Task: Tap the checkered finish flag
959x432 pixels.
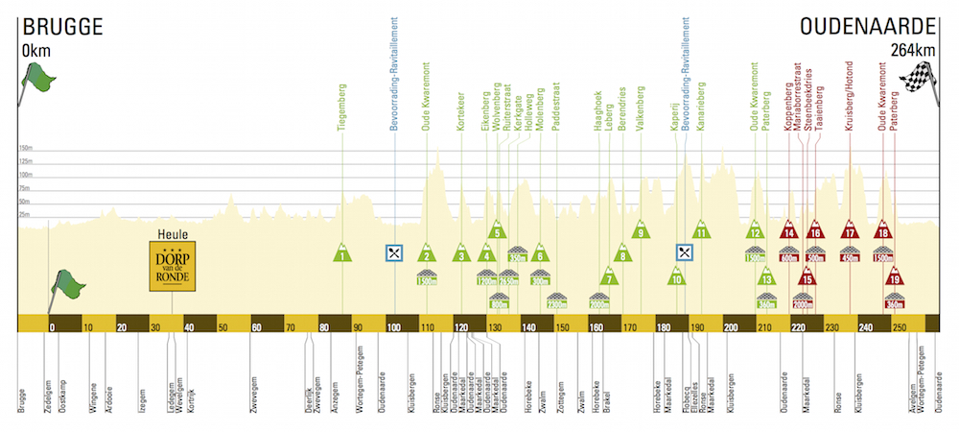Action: click(920, 76)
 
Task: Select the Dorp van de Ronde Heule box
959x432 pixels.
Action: click(173, 263)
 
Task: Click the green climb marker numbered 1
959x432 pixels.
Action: click(342, 252)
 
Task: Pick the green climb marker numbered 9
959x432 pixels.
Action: click(639, 230)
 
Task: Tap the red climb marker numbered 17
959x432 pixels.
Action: click(849, 231)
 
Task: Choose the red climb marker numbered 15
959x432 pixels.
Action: click(807, 278)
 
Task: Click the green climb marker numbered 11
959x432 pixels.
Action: click(701, 230)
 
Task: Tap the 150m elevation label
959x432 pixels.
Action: click(28, 149)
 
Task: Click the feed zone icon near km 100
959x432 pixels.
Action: click(393, 252)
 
